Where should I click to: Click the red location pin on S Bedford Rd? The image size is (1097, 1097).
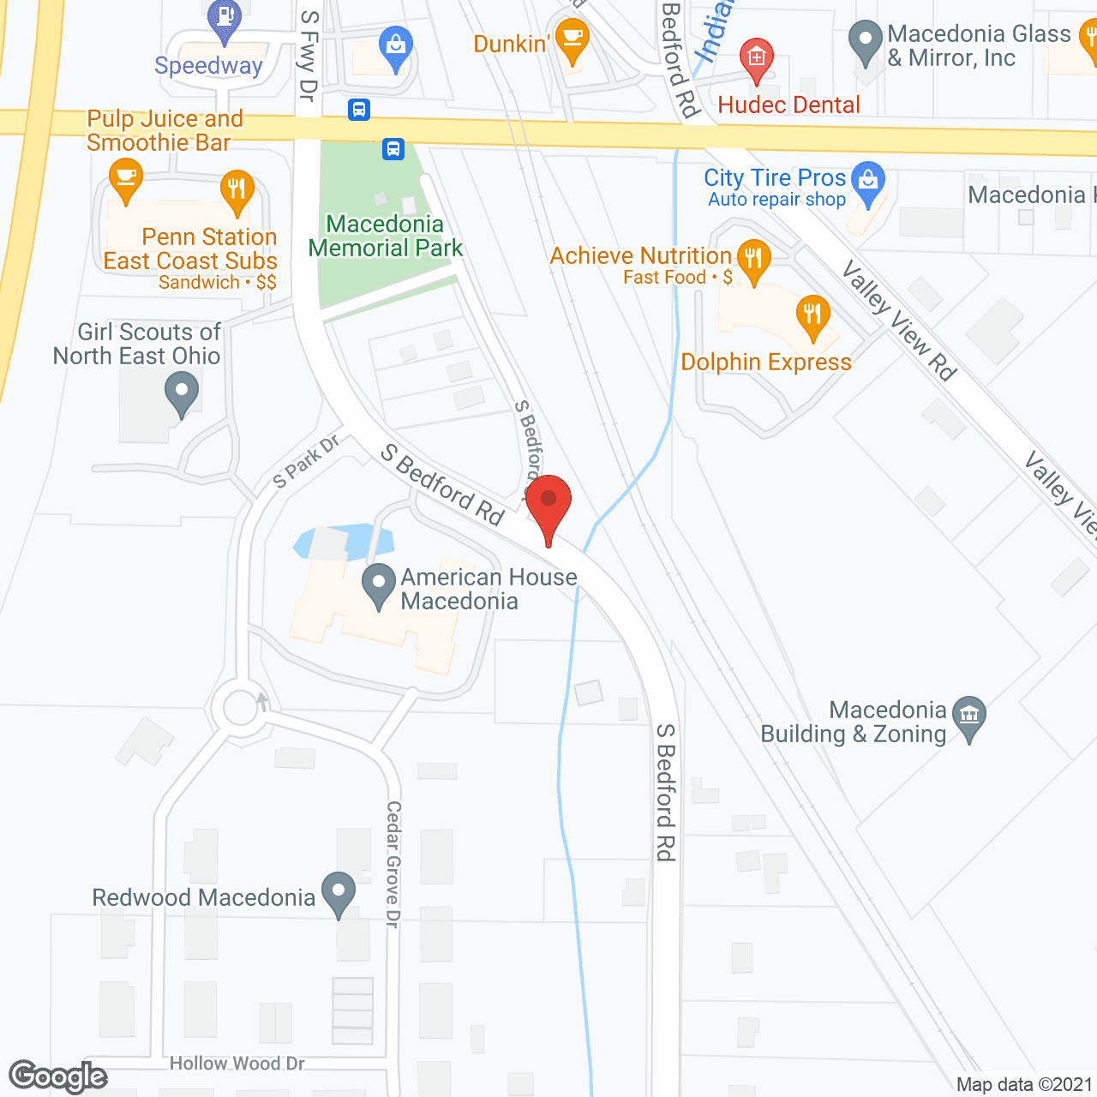coord(548,501)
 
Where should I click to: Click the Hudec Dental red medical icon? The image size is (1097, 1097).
coord(756,58)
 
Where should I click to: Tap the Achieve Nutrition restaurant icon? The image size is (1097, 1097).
coord(753,260)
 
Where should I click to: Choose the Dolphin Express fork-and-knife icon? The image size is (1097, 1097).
coord(812,315)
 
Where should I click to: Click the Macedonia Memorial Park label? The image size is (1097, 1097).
coord(386,236)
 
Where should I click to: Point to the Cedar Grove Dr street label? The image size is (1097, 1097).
coord(393,863)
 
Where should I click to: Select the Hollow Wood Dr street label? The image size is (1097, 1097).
coord(237,1064)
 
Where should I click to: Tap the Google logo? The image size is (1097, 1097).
coord(58,1076)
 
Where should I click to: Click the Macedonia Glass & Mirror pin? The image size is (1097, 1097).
coord(866,39)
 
